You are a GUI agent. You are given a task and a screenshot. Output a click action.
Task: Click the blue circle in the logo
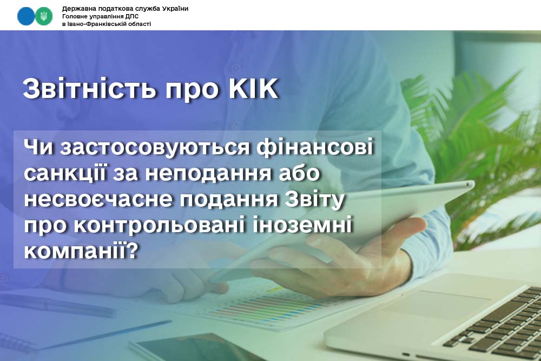coord(26,16)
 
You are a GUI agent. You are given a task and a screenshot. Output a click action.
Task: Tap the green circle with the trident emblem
coord(44,16)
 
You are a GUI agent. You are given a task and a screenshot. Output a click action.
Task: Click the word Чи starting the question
coord(38,147)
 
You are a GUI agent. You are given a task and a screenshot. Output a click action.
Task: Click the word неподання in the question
coord(208,173)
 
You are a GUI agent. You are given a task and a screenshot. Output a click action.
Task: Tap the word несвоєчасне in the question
coord(98,200)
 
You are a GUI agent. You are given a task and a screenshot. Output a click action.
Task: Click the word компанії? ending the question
coord(81,251)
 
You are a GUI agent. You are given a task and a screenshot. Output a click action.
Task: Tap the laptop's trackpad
coord(438,304)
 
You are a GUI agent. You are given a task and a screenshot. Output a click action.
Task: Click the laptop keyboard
coord(497,324)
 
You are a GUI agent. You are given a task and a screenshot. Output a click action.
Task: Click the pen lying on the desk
coord(58,305)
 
